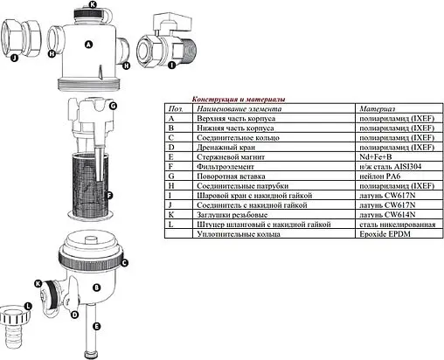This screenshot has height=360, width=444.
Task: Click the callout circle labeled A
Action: coord(88,44)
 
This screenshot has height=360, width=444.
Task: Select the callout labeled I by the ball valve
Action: coord(170,64)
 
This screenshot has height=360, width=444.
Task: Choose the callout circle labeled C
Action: coord(124,262)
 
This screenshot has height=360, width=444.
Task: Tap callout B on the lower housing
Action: coord(97,286)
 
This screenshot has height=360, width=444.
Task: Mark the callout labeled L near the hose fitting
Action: coord(28,306)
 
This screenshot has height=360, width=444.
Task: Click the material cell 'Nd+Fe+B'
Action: coord(376,156)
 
